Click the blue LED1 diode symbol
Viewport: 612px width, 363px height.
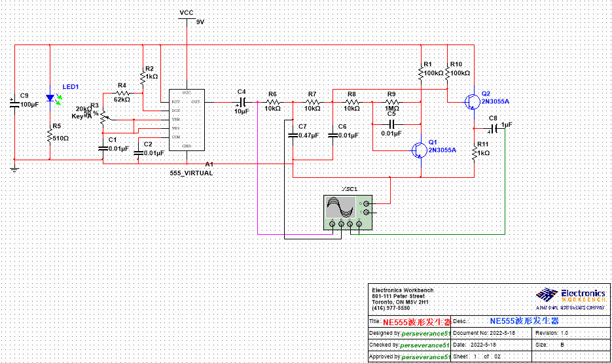coord(50,98)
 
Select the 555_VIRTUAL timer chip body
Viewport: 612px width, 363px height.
coord(186,120)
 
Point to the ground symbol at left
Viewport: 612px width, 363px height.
coord(14,167)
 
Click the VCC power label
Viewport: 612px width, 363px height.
coord(187,12)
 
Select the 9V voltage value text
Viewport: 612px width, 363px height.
coord(200,22)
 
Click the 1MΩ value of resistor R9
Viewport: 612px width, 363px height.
coord(392,109)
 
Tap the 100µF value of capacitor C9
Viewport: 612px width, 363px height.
coord(29,105)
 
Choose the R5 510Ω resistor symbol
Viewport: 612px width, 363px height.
coord(50,135)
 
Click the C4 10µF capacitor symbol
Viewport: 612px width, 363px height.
coord(242,102)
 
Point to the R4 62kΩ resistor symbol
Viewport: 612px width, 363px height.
coord(122,94)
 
